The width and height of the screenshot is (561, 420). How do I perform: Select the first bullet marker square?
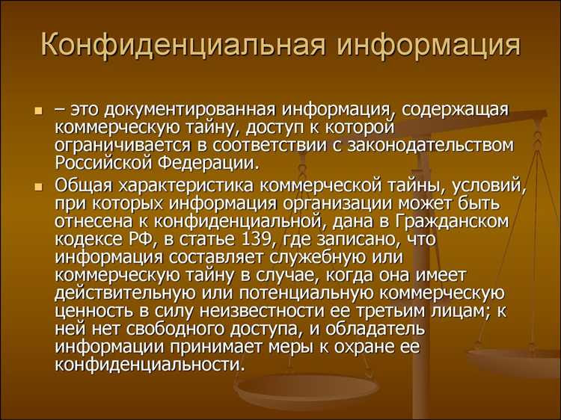[x=38, y=110]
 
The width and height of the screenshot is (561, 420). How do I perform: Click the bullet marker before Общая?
[x=38, y=185]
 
